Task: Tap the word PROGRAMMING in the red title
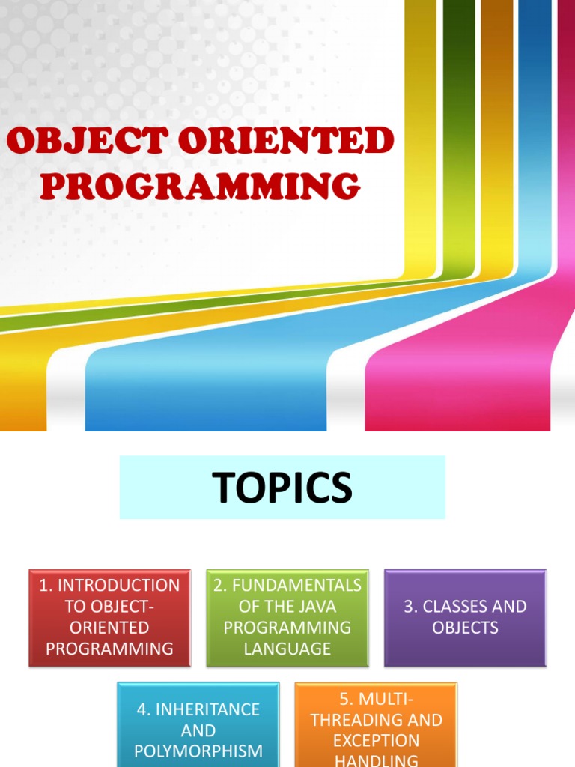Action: tap(200, 186)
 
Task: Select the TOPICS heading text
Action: tap(282, 488)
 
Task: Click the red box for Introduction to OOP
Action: tap(109, 617)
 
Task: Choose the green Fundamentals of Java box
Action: tap(287, 617)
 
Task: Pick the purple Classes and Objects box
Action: tap(465, 617)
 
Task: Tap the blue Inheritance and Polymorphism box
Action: tap(198, 724)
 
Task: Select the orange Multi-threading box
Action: tap(376, 724)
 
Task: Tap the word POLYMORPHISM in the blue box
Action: tap(198, 751)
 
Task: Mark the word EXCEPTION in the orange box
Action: tap(376, 741)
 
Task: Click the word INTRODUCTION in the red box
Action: tap(118, 586)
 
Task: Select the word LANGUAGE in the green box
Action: tap(287, 649)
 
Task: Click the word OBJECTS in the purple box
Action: tap(465, 628)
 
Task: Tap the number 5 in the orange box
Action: tap(345, 700)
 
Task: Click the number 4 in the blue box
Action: tap(142, 709)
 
